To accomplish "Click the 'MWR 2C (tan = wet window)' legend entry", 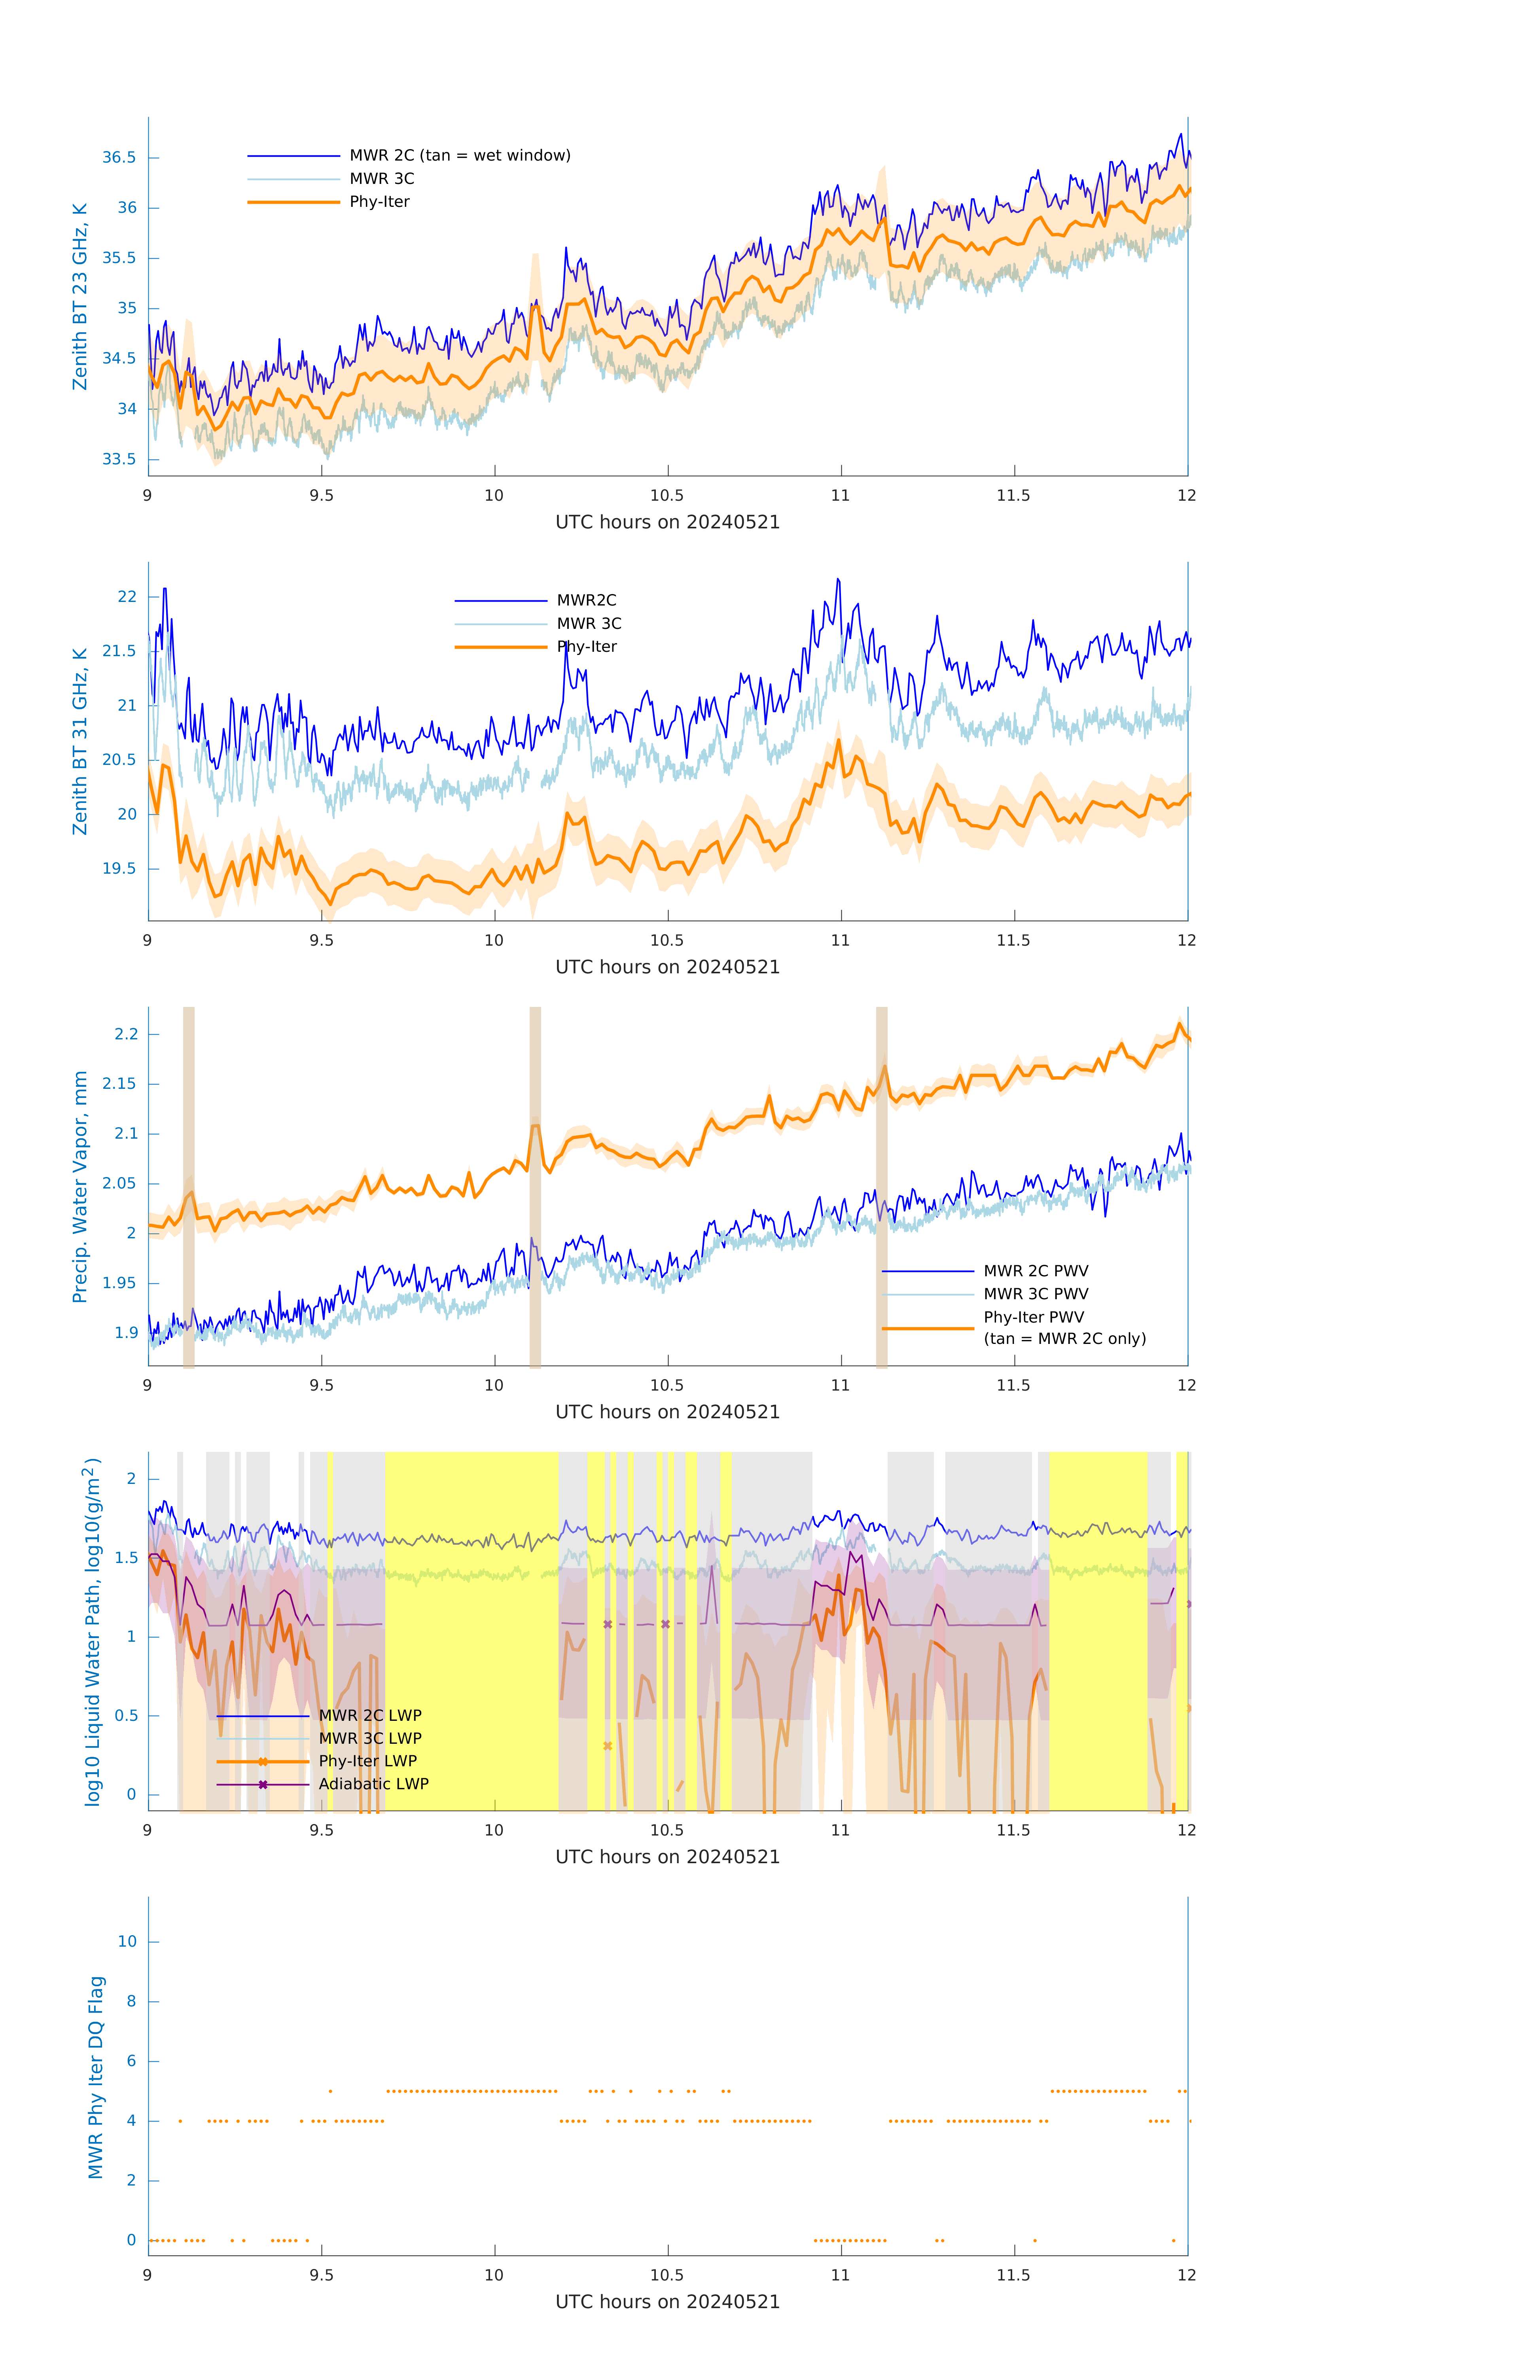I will [459, 156].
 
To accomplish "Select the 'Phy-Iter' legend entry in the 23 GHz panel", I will [379, 202].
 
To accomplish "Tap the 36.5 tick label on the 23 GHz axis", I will [119, 158].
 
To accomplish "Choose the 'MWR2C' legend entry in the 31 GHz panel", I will [587, 600].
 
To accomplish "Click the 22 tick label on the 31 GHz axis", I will [127, 597].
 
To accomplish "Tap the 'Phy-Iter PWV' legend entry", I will [1034, 1317].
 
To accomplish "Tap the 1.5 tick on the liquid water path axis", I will [126, 1558].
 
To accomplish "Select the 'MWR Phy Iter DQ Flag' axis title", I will [96, 2077].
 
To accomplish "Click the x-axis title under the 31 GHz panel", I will [667, 968].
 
